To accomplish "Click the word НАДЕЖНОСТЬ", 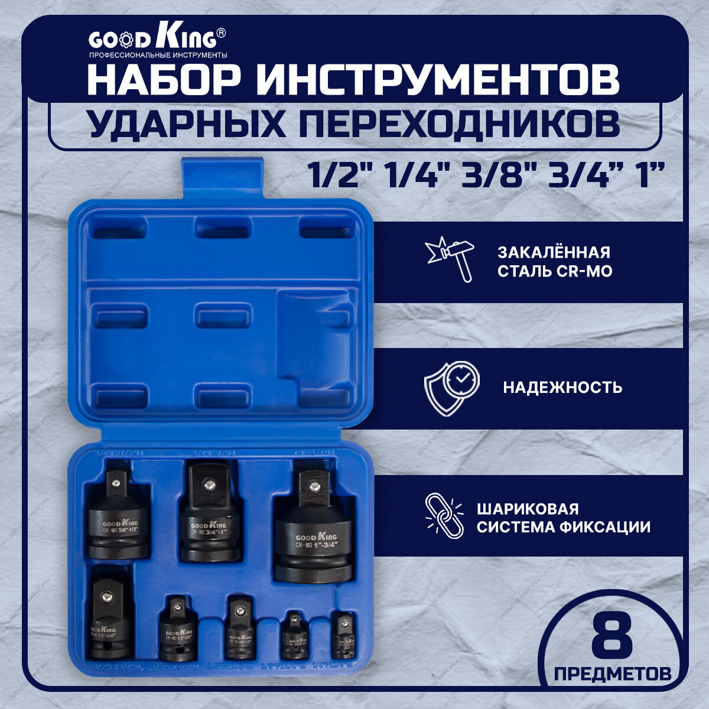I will click(562, 388).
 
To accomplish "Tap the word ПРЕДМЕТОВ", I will click(613, 673).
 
